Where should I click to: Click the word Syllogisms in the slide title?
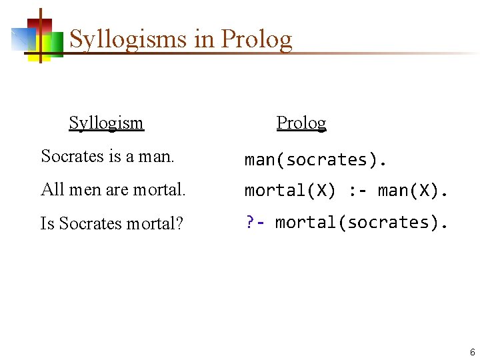[x=128, y=40]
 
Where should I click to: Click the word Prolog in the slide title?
[x=257, y=40]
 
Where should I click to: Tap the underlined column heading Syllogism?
[x=106, y=123]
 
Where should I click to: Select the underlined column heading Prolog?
[x=301, y=123]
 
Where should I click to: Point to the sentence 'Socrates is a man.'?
[x=107, y=156]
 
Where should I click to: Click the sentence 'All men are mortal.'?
[x=113, y=190]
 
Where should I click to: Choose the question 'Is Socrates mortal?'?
[x=111, y=224]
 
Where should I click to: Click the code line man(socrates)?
[x=315, y=160]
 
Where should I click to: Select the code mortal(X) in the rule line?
[x=290, y=191]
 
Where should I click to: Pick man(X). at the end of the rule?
[x=413, y=191]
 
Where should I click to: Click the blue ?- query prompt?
[x=255, y=222]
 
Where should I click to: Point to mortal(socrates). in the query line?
[x=361, y=222]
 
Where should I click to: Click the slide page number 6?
[x=472, y=352]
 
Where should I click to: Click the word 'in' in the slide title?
[x=203, y=40]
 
